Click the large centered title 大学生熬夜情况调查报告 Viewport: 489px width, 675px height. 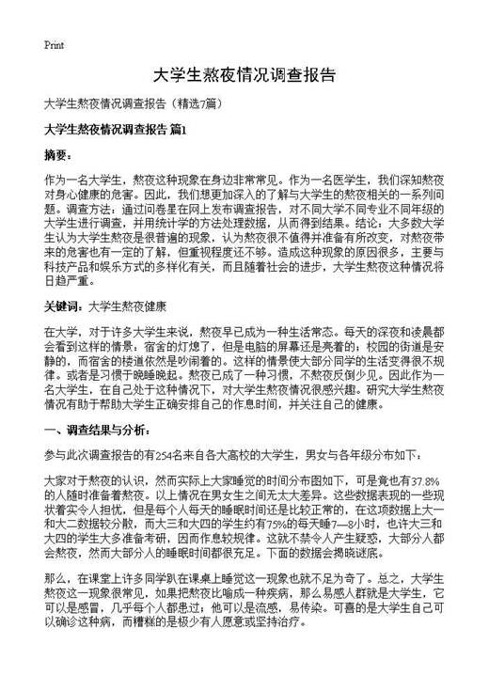tap(244, 75)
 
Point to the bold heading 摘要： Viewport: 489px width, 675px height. tap(58, 154)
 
